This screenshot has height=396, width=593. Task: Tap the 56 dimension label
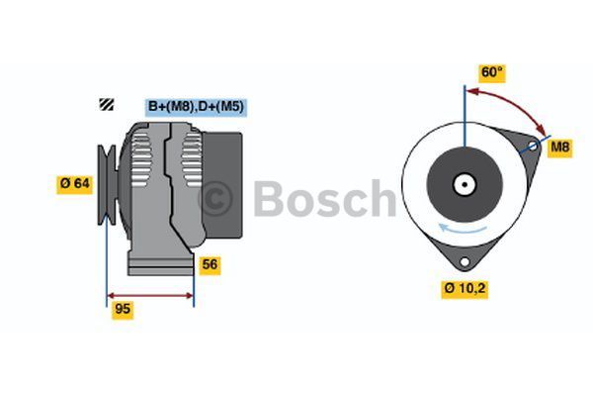pos(210,264)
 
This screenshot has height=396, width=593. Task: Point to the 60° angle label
pos(491,72)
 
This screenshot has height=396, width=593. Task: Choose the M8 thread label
pos(560,148)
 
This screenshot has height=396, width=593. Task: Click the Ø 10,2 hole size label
pos(465,289)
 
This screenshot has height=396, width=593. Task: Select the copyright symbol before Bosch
pos(216,198)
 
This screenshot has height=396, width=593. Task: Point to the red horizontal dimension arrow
pos(150,295)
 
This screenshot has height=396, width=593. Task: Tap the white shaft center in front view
pos(464,184)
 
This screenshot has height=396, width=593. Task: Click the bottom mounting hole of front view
pos(464,260)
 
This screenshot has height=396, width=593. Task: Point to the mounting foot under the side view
pos(161,264)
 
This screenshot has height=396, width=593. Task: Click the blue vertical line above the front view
pos(464,109)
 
